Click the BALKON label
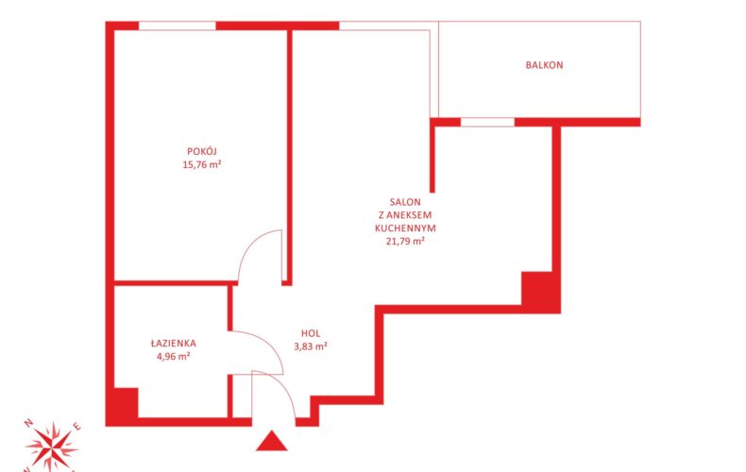tap(544, 65)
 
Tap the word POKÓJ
tap(202, 151)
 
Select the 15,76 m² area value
tap(202, 165)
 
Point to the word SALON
tap(405, 202)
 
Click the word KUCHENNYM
tap(405, 228)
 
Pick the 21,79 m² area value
tap(405, 242)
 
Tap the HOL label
tap(311, 333)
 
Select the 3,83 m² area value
tap(311, 346)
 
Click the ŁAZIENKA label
tap(174, 343)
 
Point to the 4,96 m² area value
tap(174, 356)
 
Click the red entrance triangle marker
tap(272, 441)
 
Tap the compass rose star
tap(51, 447)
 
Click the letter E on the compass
tap(77, 427)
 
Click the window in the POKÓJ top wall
tap(177, 25)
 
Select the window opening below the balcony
tap(487, 123)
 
